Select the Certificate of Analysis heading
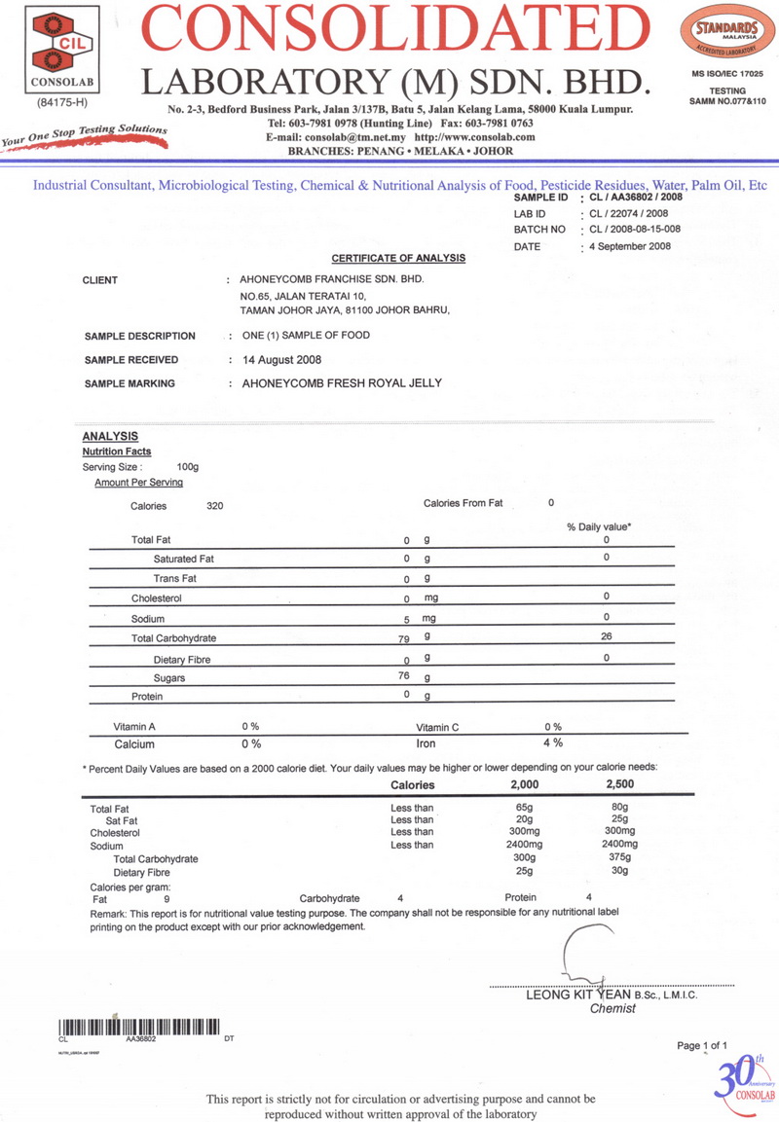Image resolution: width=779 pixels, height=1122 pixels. coord(398,258)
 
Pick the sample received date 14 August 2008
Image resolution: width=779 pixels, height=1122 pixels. coord(281,359)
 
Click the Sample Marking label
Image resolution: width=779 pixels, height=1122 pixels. coord(130,383)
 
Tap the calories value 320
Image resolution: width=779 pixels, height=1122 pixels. coord(215,506)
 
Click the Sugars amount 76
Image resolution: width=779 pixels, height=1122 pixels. coord(405,675)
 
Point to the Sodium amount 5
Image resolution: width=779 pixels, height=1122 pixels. coord(407,619)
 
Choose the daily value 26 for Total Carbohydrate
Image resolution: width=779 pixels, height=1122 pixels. coord(606,637)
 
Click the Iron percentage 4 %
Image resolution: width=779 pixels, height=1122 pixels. coord(553,743)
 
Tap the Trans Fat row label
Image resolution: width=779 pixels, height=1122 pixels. coord(176,579)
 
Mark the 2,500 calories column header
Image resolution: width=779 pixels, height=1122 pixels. coord(620,784)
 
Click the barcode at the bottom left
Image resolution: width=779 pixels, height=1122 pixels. coord(139,1026)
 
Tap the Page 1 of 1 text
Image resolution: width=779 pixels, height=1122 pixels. coord(702,1045)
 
